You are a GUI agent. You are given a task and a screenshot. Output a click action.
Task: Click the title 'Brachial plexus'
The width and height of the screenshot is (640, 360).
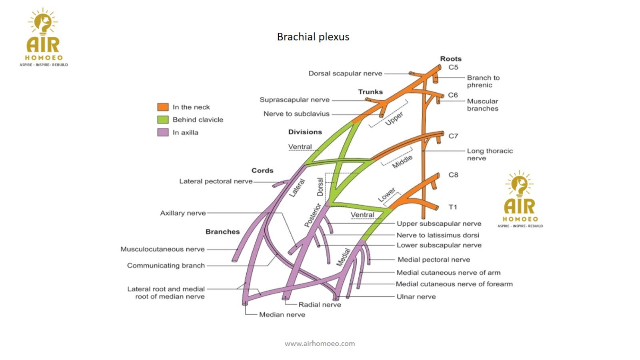(x=313, y=37)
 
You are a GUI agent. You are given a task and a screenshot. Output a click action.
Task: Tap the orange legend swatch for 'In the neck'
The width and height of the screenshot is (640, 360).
(x=163, y=107)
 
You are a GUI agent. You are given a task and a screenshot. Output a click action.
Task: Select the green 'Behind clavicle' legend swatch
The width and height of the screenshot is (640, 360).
(x=163, y=120)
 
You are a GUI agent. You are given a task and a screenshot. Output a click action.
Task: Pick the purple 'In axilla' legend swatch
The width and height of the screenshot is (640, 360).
(x=163, y=132)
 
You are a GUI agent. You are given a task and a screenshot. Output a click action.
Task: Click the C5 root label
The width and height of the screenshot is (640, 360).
(x=453, y=67)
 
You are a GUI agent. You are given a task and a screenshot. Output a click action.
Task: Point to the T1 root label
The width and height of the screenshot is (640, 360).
(x=452, y=207)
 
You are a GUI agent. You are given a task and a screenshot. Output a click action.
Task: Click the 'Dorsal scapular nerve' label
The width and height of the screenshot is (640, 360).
(x=345, y=74)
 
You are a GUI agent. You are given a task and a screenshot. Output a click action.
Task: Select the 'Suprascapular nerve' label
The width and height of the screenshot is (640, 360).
(x=294, y=100)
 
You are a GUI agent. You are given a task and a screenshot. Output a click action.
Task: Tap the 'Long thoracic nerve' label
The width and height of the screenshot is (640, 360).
(x=490, y=154)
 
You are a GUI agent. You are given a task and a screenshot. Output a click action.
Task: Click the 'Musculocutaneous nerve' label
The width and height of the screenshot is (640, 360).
(x=162, y=249)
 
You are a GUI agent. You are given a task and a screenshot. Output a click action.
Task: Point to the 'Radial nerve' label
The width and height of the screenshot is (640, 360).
(x=320, y=305)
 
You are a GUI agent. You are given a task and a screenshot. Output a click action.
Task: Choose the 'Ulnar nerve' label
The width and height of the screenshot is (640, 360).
(x=416, y=297)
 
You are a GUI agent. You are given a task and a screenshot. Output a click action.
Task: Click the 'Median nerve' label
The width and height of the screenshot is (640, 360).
(x=282, y=315)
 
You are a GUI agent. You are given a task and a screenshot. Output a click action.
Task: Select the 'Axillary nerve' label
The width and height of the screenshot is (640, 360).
(x=183, y=213)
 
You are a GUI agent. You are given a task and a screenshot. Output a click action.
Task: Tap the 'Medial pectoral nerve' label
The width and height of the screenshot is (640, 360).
(x=434, y=260)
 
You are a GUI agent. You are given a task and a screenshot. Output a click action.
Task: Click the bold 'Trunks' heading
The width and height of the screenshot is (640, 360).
(x=370, y=92)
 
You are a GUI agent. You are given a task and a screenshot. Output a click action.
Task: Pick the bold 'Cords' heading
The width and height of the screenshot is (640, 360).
(x=262, y=170)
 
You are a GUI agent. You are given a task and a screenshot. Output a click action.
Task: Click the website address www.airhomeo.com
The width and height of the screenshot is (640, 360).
(x=320, y=343)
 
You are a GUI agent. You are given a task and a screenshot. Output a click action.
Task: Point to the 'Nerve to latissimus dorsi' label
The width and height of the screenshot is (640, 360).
(x=438, y=235)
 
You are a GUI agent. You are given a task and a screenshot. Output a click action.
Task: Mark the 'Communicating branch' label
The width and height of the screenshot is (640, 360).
(x=166, y=266)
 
